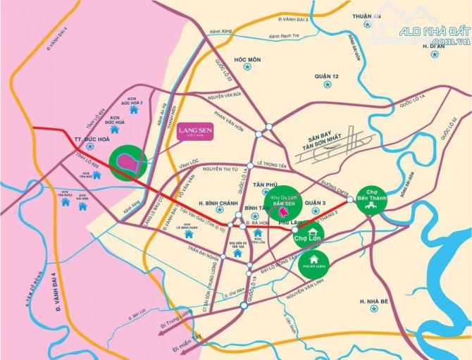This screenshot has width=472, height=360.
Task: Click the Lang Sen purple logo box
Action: click(192, 132)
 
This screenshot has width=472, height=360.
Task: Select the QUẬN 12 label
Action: click(327, 76)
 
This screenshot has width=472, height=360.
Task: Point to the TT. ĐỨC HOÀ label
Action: click(73, 139)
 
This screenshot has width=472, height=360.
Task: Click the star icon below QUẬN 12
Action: click(327, 85)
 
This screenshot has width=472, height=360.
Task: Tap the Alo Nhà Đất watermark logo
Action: click(427, 29)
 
